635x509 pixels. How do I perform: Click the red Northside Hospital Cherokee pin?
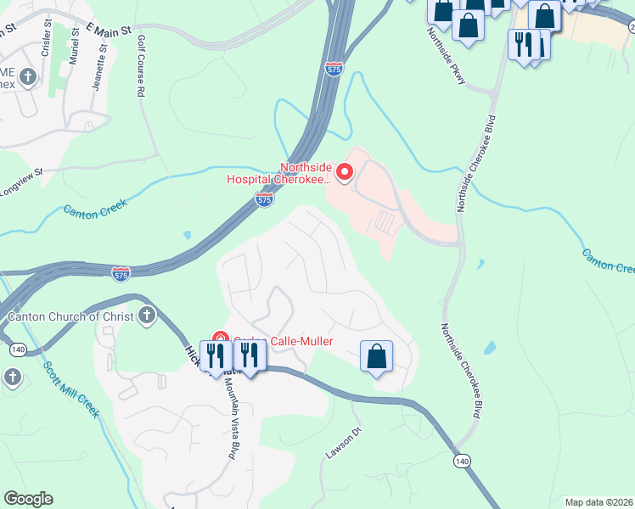pos(345,173)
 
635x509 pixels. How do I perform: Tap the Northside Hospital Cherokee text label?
pos(281,173)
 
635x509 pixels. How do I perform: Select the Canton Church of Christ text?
pos(71,317)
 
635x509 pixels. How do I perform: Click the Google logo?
pos(28,499)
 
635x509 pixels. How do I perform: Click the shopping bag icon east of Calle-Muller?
pos(376,356)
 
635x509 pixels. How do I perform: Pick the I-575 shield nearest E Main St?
pos(334,69)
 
